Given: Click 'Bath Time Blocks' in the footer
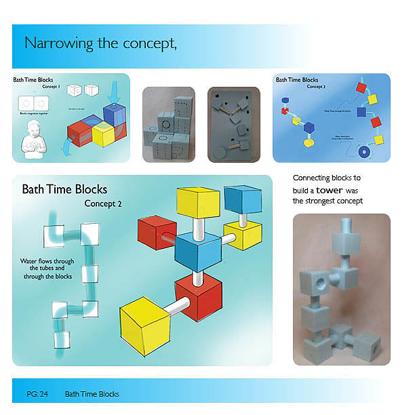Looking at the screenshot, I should pyautogui.click(x=92, y=394).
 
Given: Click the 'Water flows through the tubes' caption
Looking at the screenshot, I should pyautogui.click(x=42, y=269).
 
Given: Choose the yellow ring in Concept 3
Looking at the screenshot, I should pyautogui.click(x=309, y=143).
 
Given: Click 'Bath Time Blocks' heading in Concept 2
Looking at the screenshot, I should pyautogui.click(x=64, y=189).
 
